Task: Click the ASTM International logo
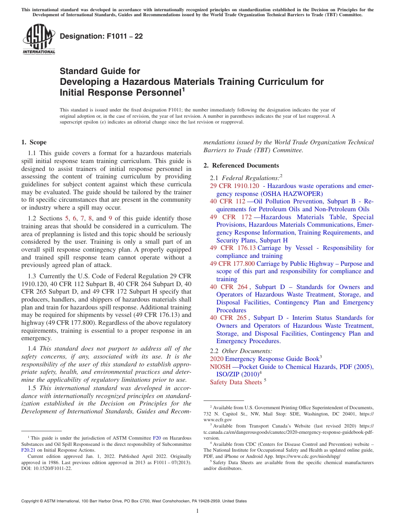pos(39,39)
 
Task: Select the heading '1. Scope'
pos(34,142)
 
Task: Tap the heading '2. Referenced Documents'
pos(241,166)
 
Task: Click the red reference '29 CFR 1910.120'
pos(234,186)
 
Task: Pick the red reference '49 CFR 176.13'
pos(233,248)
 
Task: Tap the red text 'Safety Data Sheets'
pos(236,382)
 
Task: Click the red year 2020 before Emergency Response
pos(217,359)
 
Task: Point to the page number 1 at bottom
pos(197,511)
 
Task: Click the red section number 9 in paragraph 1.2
pos(110,218)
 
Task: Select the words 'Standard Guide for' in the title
pos(100,71)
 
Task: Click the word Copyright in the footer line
pos(30,501)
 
